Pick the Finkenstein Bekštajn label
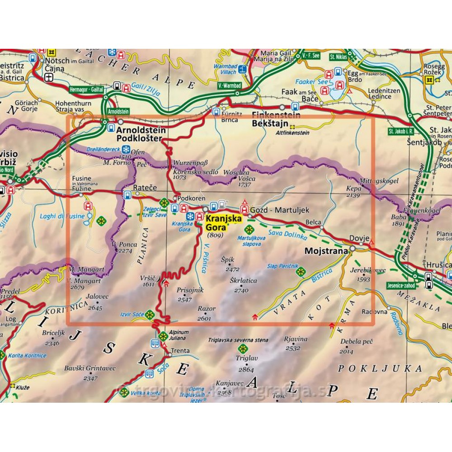(x=270, y=119)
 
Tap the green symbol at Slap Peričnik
(x=301, y=272)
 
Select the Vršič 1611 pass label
(x=149, y=281)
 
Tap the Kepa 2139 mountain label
(x=354, y=191)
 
